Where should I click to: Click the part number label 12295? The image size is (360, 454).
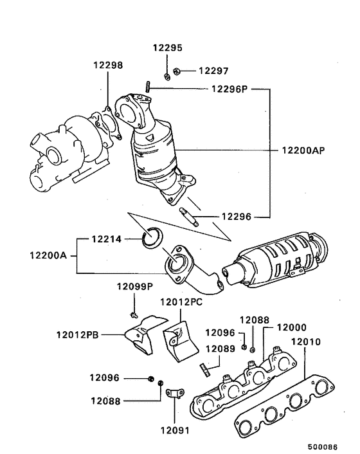click(167, 48)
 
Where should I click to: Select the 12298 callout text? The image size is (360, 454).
click(107, 65)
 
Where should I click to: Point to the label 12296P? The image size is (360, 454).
click(229, 89)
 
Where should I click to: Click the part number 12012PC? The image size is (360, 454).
click(181, 301)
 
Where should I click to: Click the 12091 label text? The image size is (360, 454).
click(172, 428)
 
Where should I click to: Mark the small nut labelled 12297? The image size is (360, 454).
click(179, 71)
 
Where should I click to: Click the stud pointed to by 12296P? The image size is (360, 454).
click(147, 86)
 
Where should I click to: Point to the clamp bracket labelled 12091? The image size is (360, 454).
click(173, 394)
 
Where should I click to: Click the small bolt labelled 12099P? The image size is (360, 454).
click(132, 314)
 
